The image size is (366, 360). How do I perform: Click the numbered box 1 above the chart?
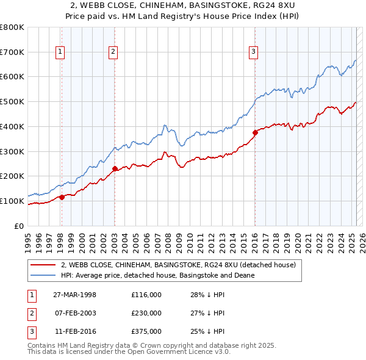pos(61,52)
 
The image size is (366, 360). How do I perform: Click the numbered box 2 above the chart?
pos(113,52)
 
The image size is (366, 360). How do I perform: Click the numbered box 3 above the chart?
pos(253,52)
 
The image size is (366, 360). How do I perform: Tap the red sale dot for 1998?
pos(62,197)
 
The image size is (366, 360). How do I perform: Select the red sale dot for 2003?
pos(115,169)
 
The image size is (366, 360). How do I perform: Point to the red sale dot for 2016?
pos(254,132)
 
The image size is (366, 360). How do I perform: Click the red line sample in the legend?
pos(43,265)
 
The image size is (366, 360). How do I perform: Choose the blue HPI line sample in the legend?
pos(43,275)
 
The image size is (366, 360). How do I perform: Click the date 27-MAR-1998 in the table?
pos(74,295)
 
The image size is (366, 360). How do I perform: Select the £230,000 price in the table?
pos(146,313)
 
